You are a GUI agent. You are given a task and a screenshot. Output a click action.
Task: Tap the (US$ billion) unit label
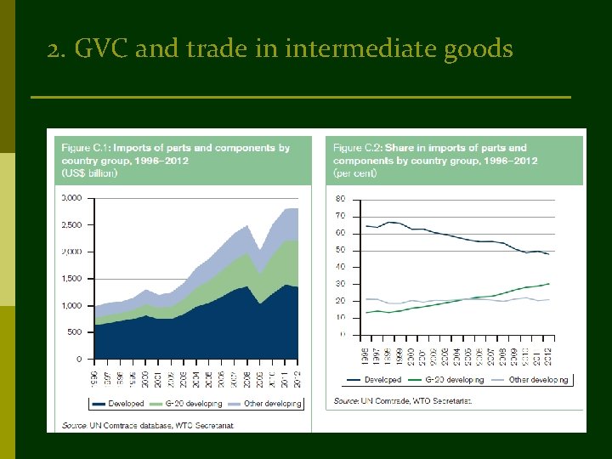click(89, 173)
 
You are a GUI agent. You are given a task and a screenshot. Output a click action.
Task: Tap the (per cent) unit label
click(356, 173)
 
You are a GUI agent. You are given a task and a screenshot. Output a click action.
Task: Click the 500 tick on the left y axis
click(74, 332)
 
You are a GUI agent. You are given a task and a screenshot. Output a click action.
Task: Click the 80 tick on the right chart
click(341, 199)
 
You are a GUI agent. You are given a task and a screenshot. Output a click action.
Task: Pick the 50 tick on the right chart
click(341, 250)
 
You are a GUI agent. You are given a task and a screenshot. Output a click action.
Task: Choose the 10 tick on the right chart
click(341, 318)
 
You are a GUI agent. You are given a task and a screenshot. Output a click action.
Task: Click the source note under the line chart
click(403, 399)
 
